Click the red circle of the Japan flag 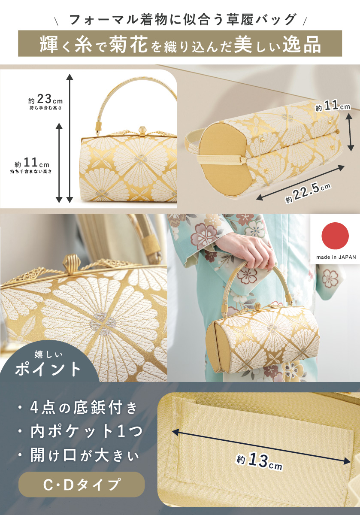(x=335, y=236)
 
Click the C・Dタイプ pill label (x=82, y=485)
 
